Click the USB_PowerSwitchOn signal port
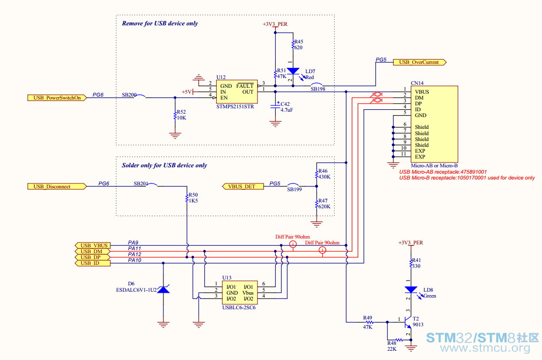[57, 98]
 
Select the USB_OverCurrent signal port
[420, 62]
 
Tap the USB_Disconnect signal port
[57, 186]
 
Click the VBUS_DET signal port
[243, 186]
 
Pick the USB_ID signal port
[93, 263]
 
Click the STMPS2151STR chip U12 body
[237, 92]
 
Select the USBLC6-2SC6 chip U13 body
[240, 292]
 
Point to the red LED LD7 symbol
[293, 71]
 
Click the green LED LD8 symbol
[411, 290]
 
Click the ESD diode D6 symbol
[163, 289]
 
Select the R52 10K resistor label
[181, 115]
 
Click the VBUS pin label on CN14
[422, 92]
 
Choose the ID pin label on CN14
[418, 110]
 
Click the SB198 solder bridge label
[318, 89]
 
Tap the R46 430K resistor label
[324, 174]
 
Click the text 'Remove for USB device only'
[160, 23]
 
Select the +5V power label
[187, 92]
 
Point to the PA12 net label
[135, 254]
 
